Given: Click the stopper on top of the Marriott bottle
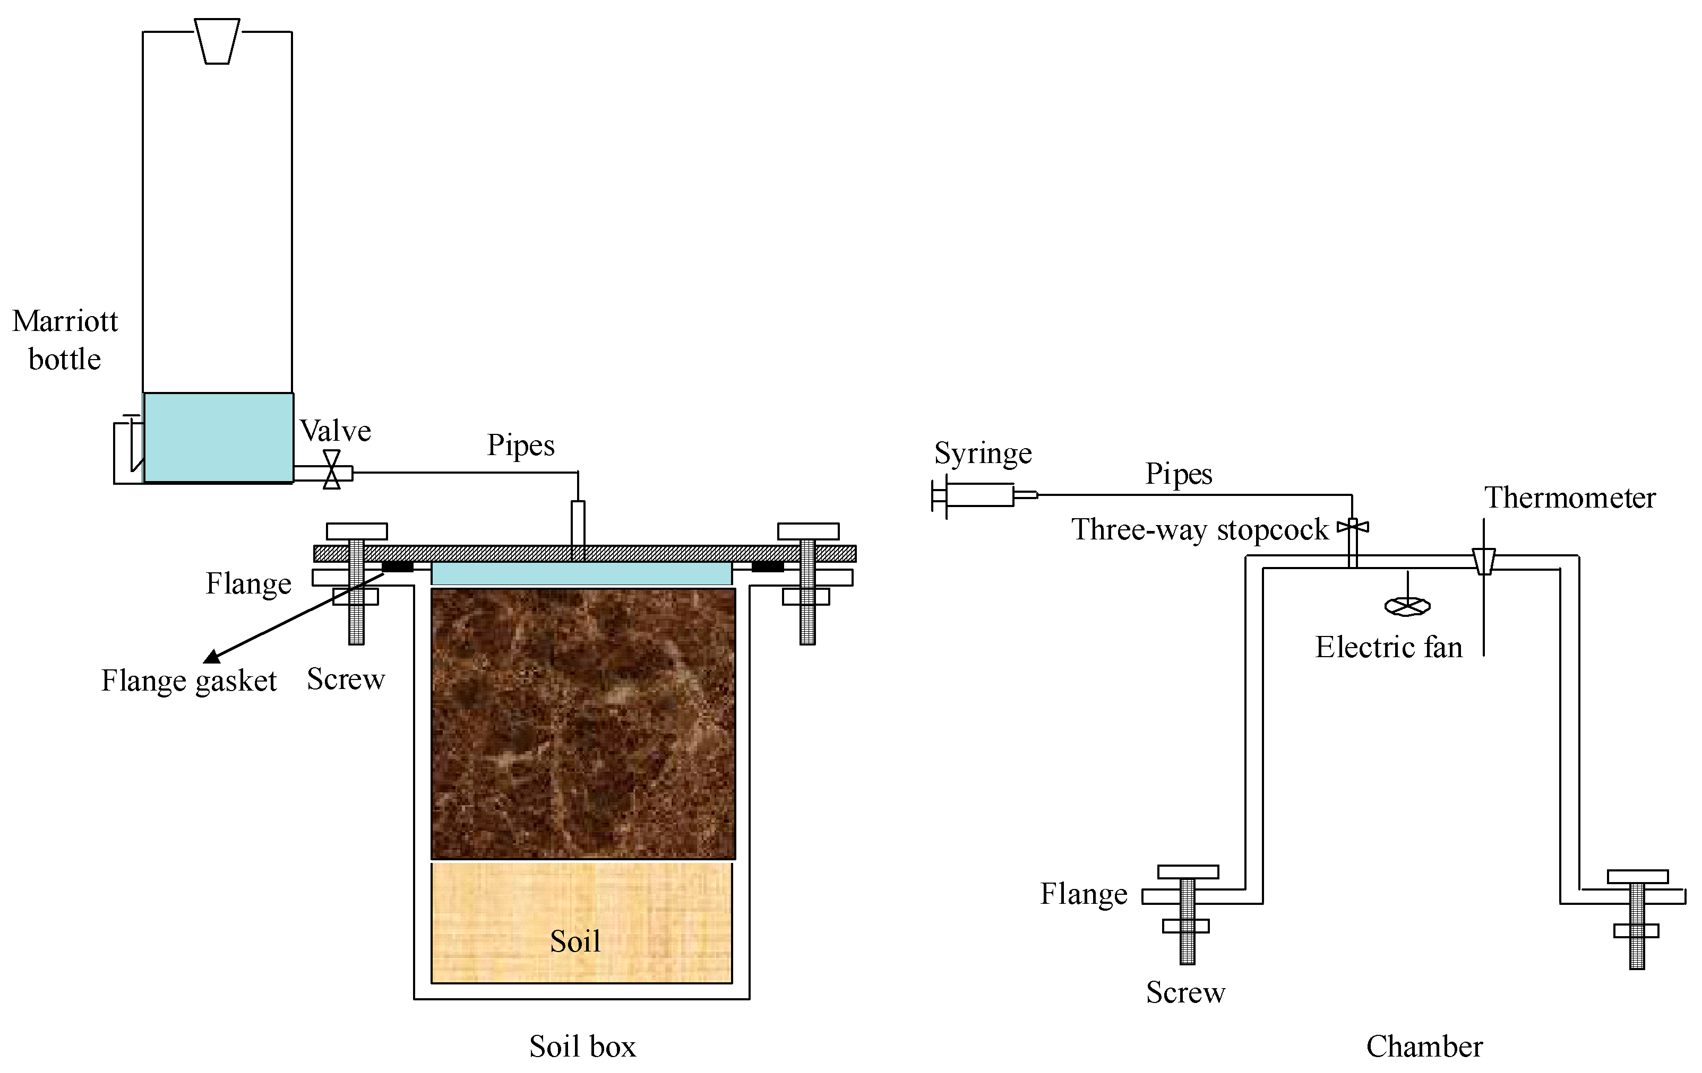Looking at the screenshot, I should tap(217, 41).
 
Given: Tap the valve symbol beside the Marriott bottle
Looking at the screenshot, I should tap(331, 470).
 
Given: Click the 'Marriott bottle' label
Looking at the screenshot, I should tap(65, 340).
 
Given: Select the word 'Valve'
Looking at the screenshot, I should tap(335, 430).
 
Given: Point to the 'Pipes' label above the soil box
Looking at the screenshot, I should tap(520, 445).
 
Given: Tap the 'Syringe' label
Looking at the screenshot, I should tap(983, 453).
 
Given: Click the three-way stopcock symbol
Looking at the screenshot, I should tap(1352, 526).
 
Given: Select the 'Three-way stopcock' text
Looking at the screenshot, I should tap(1199, 529).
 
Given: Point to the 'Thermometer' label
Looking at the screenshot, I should tap(1569, 498).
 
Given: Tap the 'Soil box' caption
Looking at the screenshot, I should tap(582, 1046).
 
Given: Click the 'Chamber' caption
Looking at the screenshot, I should tap(1424, 1046).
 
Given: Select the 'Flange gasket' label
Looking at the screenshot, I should tap(188, 681).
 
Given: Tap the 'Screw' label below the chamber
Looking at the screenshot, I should tap(1185, 992).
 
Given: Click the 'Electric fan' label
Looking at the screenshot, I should tap(1388, 647).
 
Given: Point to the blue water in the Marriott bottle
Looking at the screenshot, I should tap(218, 438).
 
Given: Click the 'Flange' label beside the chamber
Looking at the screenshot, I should tap(1084, 894).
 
